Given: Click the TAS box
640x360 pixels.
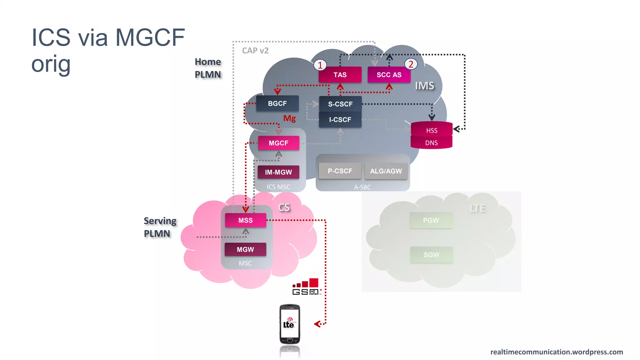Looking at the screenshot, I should [340, 75].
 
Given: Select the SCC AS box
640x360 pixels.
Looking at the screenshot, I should [389, 75].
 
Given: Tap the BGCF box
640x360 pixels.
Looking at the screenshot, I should [277, 103].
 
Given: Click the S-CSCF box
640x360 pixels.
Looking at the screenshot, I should [340, 104].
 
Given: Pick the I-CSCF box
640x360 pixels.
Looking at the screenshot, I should [340, 120].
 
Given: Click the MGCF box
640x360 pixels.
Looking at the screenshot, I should [278, 143].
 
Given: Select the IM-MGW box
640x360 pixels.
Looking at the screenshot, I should [278, 172].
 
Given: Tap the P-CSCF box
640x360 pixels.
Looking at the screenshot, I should [340, 171].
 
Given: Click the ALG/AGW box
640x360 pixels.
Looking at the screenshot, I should [386, 171].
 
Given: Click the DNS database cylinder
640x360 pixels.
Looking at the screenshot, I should [431, 143].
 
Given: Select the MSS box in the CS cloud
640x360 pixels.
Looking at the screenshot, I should [245, 220].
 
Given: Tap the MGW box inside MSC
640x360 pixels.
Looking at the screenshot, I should [245, 249].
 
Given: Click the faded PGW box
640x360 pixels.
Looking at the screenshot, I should [431, 220].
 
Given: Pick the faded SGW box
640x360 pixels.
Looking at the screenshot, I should [431, 255].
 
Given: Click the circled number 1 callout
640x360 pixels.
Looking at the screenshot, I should [320, 65].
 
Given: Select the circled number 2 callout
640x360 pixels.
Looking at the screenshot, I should [411, 64].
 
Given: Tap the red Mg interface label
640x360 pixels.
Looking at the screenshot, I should [289, 118].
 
